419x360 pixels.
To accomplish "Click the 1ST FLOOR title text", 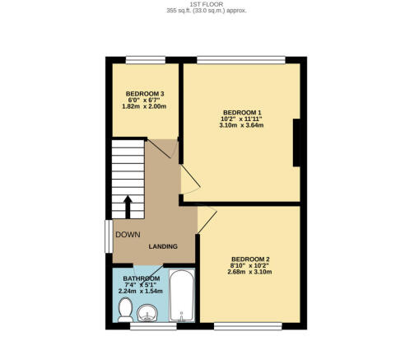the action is click(x=207, y=4).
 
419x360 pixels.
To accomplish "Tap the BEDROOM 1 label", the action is click(x=242, y=113).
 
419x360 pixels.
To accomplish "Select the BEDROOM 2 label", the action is click(x=250, y=259).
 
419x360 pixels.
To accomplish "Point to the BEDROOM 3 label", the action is click(x=145, y=94).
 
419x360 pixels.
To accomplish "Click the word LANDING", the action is click(x=163, y=246).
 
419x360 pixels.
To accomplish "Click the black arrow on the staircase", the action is click(x=128, y=207).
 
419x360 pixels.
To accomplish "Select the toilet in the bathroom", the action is click(x=125, y=310).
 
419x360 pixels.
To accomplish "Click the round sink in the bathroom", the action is click(x=147, y=313).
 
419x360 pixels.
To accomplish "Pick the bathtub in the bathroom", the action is click(x=181, y=295).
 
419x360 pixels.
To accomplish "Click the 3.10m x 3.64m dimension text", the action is click(x=241, y=125).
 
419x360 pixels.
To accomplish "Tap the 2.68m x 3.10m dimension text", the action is click(x=249, y=272).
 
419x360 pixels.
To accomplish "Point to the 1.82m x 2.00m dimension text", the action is click(x=144, y=106).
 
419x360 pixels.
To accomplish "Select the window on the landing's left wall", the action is click(x=109, y=236).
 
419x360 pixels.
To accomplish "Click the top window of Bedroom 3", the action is click(x=146, y=60).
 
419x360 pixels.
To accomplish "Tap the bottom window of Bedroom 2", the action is click(x=248, y=326).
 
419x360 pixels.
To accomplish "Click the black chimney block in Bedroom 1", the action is click(x=296, y=143).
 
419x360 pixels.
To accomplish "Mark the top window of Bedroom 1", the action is click(x=241, y=60).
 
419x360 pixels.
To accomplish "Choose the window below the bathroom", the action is click(x=153, y=326).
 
